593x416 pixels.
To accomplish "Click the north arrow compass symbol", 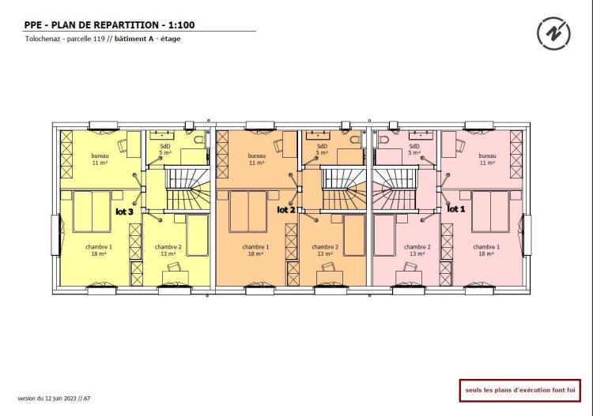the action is pyautogui.click(x=553, y=33).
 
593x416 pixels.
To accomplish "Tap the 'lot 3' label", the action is pyautogui.click(x=124, y=212).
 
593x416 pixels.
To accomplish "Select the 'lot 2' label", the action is pyautogui.click(x=286, y=210).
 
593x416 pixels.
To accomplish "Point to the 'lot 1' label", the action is pyautogui.click(x=456, y=208).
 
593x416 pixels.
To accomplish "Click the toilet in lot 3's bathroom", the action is pyautogui.click(x=198, y=140).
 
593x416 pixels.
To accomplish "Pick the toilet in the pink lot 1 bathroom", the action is pyautogui.click(x=383, y=140).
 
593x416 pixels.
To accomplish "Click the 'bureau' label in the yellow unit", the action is pyautogui.click(x=100, y=156).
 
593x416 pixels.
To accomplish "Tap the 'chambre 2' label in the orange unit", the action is pyautogui.click(x=325, y=247).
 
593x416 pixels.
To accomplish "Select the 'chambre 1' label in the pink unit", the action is pyautogui.click(x=486, y=247).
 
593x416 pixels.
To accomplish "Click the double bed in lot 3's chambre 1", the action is pyautogui.click(x=92, y=212).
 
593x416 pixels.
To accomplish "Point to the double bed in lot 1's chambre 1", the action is pyautogui.click(x=490, y=212).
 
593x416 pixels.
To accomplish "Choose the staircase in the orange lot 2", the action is pyautogui.click(x=343, y=189).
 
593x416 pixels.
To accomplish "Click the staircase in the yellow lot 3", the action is pyautogui.click(x=187, y=189).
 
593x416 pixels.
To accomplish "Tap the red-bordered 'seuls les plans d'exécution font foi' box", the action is pyautogui.click(x=520, y=390).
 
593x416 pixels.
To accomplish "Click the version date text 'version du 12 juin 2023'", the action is pyautogui.click(x=47, y=399).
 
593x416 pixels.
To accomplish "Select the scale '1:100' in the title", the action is pyautogui.click(x=182, y=25).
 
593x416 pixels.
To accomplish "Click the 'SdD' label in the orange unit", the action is pyautogui.click(x=322, y=146).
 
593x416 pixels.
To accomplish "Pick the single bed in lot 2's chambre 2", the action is pyautogui.click(x=354, y=235).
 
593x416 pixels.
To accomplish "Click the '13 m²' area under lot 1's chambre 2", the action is pyautogui.click(x=417, y=253).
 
